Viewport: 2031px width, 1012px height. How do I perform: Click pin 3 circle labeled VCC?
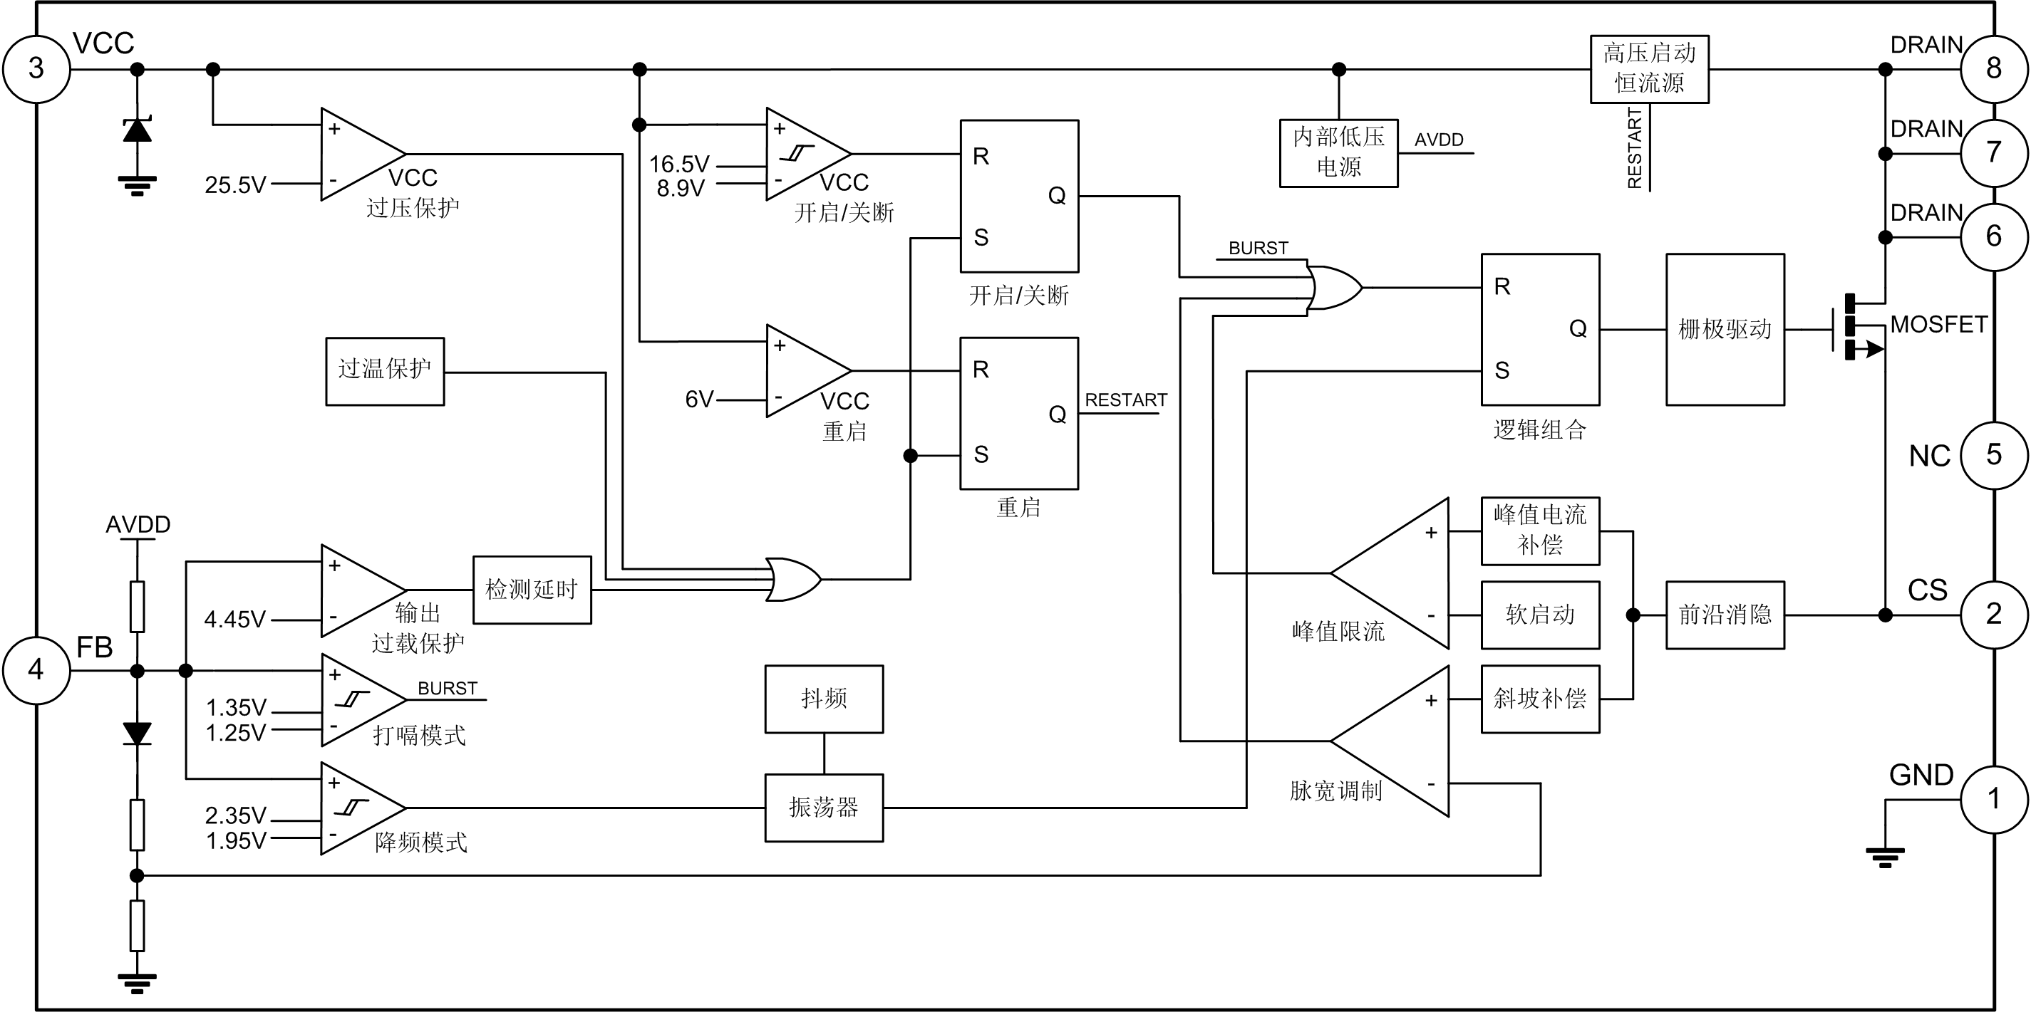click(36, 68)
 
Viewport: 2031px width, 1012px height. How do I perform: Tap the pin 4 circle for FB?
click(36, 670)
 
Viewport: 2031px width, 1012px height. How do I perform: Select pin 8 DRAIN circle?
click(1994, 68)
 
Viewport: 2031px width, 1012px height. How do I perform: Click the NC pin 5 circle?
click(1994, 455)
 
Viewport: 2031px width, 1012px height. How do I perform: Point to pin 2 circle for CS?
click(1994, 614)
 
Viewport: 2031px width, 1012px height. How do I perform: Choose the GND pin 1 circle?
click(1994, 798)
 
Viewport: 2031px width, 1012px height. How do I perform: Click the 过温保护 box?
click(385, 371)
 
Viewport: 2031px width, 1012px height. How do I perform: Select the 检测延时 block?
click(532, 590)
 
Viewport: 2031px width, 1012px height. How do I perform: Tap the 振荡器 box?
click(824, 808)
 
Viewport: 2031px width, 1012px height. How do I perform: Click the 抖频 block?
click(824, 699)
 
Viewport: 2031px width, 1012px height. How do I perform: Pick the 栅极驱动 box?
click(1725, 330)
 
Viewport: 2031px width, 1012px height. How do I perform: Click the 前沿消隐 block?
click(1725, 615)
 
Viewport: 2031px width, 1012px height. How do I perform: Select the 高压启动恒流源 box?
click(1650, 68)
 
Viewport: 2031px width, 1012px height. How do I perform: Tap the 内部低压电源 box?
click(1339, 153)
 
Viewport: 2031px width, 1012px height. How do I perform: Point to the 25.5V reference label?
click(236, 185)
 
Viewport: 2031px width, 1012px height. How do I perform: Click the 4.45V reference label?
click(235, 620)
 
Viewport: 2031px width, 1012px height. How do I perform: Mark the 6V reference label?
click(699, 400)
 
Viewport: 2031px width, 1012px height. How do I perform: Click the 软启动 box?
click(1541, 615)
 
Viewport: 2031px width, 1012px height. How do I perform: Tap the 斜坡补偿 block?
click(1541, 699)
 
